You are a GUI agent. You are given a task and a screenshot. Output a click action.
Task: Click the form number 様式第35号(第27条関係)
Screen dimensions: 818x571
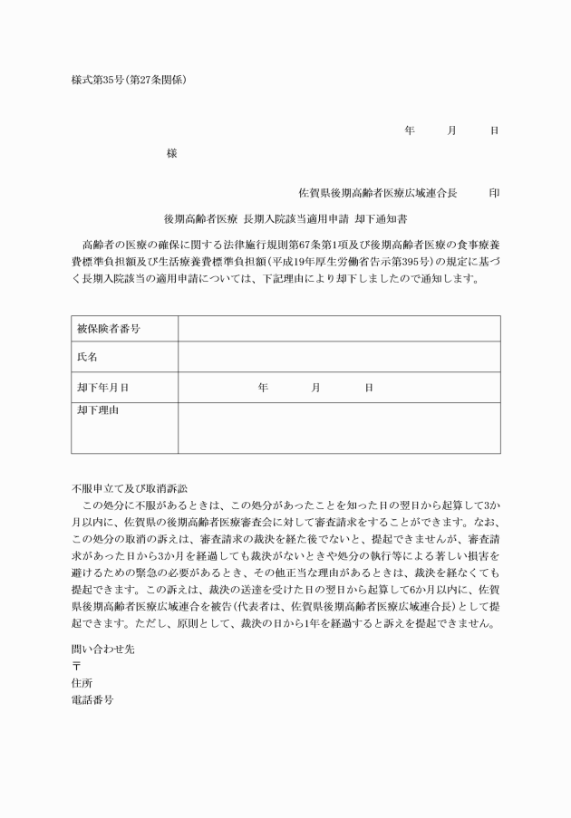coord(129,80)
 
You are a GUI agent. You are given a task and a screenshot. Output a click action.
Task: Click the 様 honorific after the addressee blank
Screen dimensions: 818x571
coord(172,153)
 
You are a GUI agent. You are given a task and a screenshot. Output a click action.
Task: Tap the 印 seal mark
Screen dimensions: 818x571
coord(493,193)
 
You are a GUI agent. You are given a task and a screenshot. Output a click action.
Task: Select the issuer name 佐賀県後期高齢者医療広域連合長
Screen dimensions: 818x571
coord(377,193)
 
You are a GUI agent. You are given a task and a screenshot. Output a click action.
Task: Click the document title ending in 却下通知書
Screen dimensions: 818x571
coord(285,218)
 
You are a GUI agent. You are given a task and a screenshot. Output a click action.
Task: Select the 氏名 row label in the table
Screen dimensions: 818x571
coord(87,357)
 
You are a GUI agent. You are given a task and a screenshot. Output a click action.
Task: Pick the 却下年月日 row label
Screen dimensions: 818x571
coord(102,387)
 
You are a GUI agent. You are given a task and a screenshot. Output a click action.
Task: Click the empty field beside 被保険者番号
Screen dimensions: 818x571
coord(338,328)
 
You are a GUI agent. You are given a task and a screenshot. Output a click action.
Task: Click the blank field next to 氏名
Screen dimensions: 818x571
coord(338,357)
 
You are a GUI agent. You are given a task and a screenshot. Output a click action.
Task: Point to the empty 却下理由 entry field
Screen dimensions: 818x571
coord(338,428)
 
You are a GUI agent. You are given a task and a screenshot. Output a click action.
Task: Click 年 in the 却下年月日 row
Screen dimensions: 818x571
coord(263,387)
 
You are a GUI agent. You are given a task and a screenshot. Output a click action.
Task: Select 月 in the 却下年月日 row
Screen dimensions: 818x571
coord(315,387)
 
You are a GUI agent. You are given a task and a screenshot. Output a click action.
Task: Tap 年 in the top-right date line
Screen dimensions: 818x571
coord(409,130)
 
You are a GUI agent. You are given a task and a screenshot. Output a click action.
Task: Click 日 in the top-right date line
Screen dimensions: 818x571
coord(494,130)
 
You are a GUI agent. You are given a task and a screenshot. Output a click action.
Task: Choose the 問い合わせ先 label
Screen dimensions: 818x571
coord(102,649)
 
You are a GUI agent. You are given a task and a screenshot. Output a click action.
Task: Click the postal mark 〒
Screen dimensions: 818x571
coord(76,666)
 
